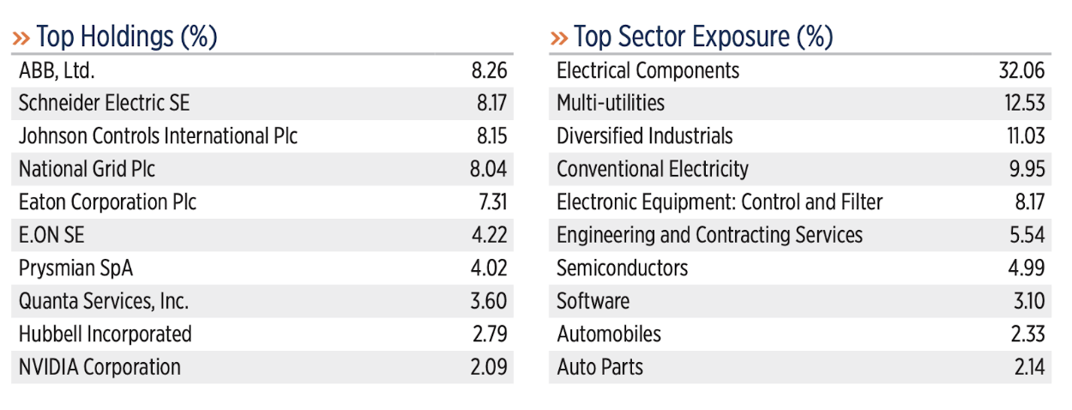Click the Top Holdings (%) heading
click(127, 37)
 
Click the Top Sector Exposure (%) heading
click(703, 37)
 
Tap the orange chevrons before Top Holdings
click(21, 39)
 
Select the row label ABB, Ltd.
click(57, 71)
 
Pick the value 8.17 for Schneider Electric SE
click(491, 103)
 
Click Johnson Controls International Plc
click(158, 136)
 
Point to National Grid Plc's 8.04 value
click(488, 169)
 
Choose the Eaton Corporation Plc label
click(107, 202)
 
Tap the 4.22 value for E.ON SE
click(489, 235)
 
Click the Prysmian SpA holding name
click(75, 268)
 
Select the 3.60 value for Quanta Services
click(489, 301)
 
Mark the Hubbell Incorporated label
click(105, 335)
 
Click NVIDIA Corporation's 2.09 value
click(489, 367)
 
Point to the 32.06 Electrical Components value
click(1021, 71)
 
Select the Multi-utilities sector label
click(611, 103)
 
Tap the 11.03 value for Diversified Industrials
click(1026, 136)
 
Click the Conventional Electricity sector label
click(653, 169)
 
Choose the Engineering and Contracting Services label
click(709, 235)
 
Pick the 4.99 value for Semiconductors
click(1027, 268)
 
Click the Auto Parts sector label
click(599, 367)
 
